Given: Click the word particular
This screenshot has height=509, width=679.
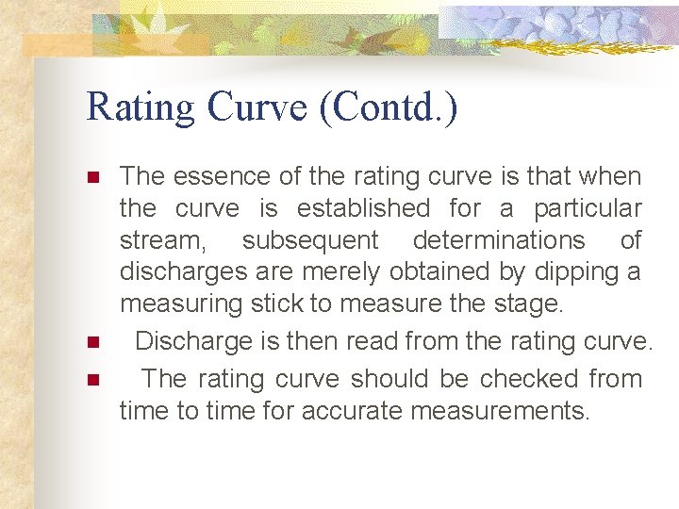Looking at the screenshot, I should pos(588,207).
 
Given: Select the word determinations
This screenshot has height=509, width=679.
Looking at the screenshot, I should pos(499,240).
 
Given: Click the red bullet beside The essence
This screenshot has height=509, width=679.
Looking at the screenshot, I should pos(92,177).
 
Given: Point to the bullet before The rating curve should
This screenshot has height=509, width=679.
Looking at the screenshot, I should pos(92,380).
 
